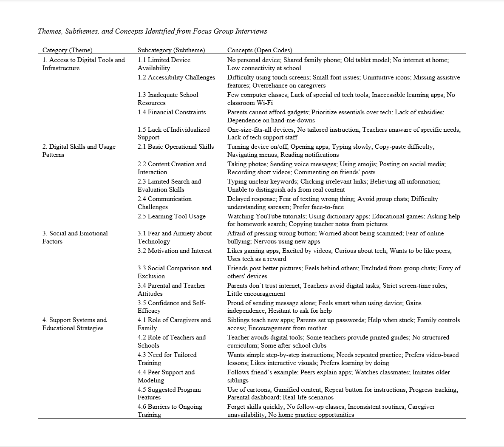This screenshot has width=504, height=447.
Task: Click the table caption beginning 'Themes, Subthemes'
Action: point(153,31)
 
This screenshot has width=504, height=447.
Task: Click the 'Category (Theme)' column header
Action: point(68,50)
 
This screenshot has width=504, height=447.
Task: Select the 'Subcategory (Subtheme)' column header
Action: point(171,50)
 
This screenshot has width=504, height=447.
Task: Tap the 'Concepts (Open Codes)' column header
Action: point(260,50)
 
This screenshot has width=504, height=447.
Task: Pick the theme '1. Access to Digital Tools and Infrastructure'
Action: point(84,64)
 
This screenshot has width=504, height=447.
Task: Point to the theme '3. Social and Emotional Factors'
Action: point(75,237)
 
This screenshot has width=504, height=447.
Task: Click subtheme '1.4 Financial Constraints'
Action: point(172,112)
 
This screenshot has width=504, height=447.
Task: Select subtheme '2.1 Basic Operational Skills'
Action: point(176,147)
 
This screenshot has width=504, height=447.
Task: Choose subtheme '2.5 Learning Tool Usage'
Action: point(172,216)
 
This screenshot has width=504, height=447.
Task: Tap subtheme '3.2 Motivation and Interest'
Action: point(175,251)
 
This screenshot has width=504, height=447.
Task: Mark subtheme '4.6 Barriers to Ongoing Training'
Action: point(170,410)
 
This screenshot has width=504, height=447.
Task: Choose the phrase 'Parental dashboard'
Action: point(253,397)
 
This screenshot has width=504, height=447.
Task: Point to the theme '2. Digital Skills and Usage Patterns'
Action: point(79,150)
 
